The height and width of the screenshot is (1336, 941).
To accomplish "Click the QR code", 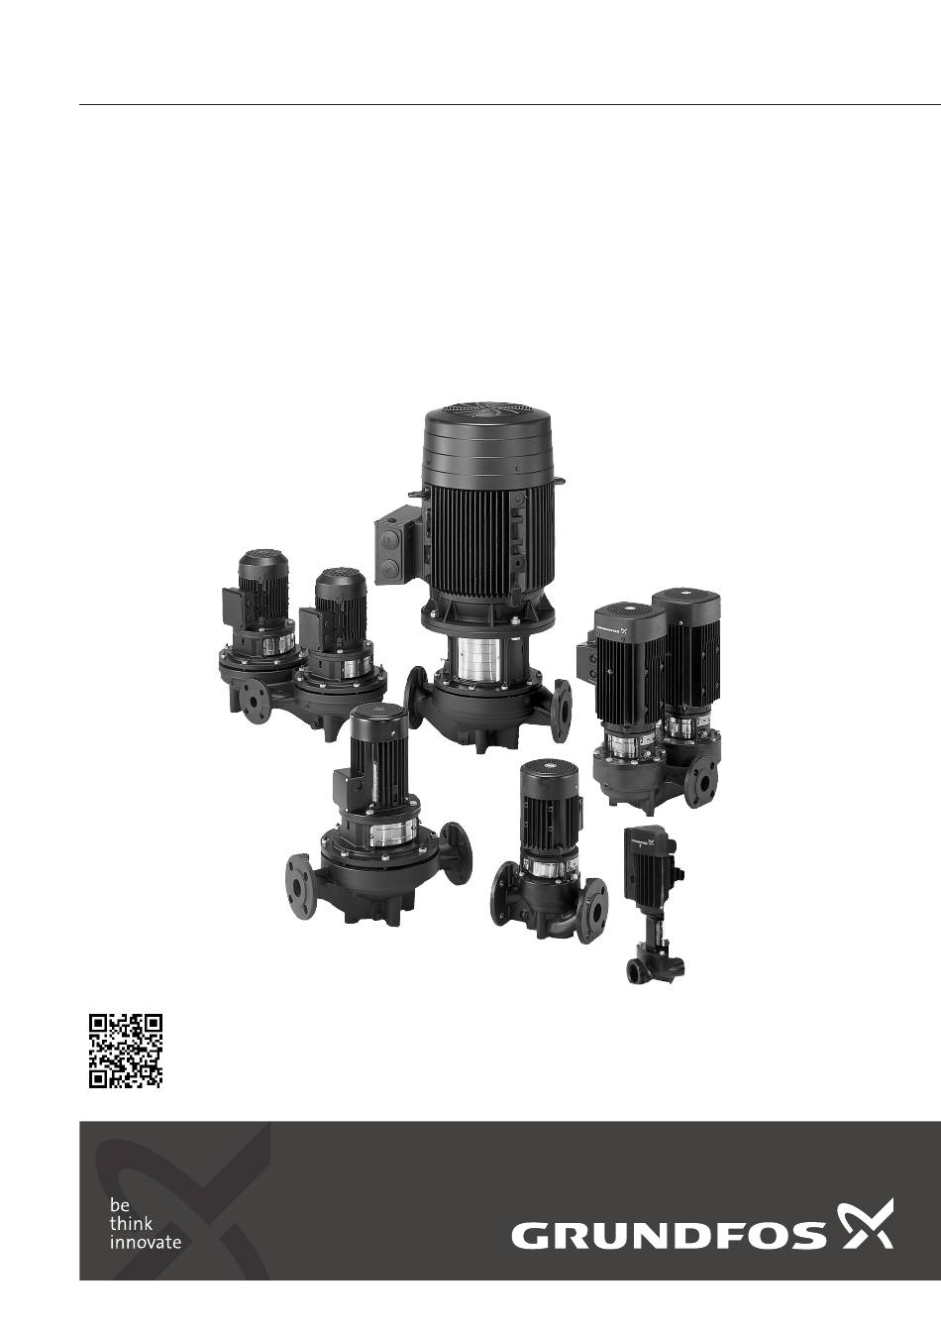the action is [x=126, y=1051].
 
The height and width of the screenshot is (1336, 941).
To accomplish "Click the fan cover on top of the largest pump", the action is [x=488, y=440].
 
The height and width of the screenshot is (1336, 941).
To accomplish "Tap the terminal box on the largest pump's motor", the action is [x=398, y=544].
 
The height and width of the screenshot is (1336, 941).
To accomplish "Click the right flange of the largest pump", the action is [x=561, y=710].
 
